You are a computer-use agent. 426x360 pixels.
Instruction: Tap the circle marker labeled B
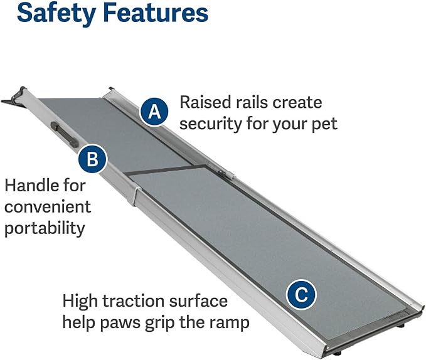[93, 159]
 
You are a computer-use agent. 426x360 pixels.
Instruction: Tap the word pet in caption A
[324, 124]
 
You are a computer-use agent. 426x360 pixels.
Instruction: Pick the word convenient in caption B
[48, 206]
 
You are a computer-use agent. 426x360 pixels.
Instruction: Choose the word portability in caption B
[44, 228]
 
